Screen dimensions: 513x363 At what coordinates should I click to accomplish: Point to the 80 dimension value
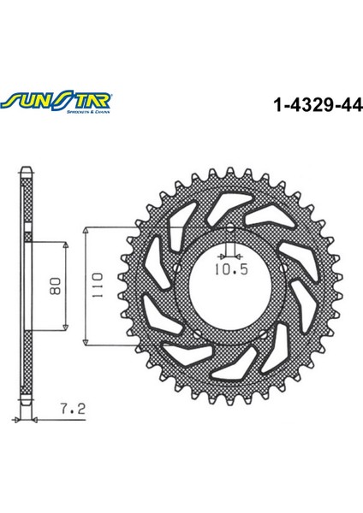pyautogui.click(x=54, y=286)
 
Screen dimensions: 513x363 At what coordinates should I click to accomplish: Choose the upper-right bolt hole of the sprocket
pyautogui.click(x=272, y=255)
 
